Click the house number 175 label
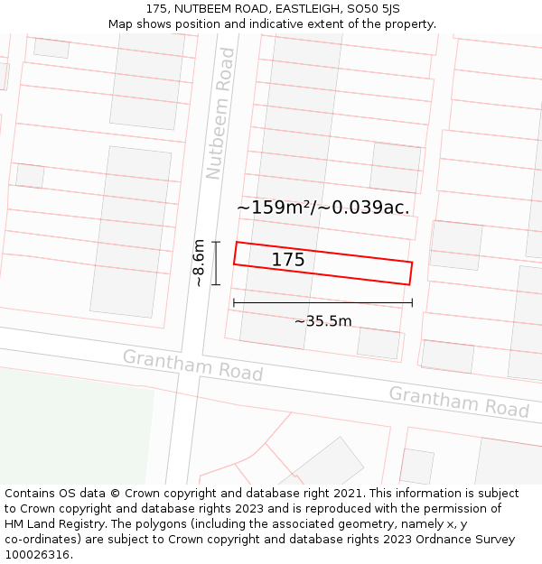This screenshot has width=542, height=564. click(288, 260)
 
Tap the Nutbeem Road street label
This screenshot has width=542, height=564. click(220, 114)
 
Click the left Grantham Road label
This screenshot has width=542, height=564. click(192, 365)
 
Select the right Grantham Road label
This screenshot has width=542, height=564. click(459, 402)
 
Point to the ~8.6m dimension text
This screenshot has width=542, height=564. click(199, 263)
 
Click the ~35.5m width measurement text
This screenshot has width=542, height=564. click(322, 320)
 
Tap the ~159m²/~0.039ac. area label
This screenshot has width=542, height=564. click(323, 207)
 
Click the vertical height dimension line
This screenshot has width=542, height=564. click(216, 263)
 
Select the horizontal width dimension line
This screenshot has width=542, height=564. click(322, 302)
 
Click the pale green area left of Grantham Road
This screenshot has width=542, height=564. click(72, 424)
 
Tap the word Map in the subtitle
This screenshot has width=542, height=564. click(120, 24)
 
